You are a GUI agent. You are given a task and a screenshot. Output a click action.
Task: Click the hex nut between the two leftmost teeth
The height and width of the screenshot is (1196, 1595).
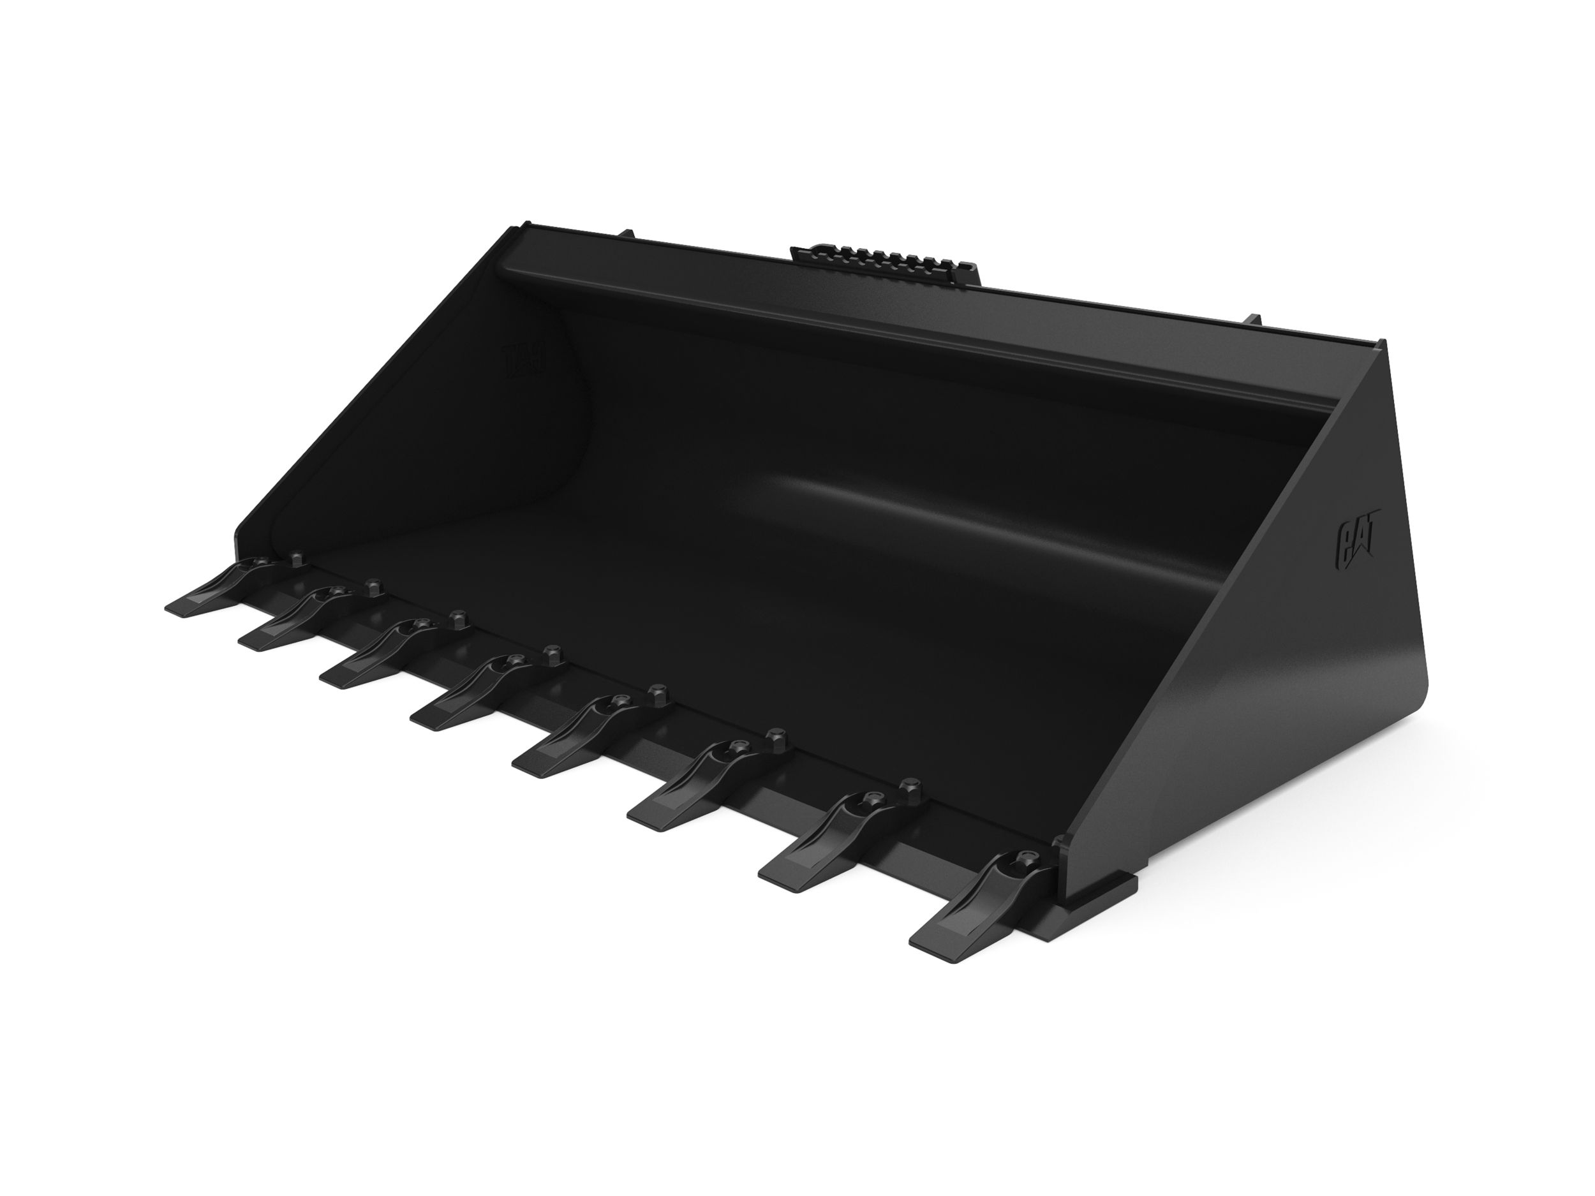(295, 558)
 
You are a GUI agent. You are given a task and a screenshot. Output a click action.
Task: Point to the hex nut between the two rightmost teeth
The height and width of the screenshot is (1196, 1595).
(910, 785)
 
